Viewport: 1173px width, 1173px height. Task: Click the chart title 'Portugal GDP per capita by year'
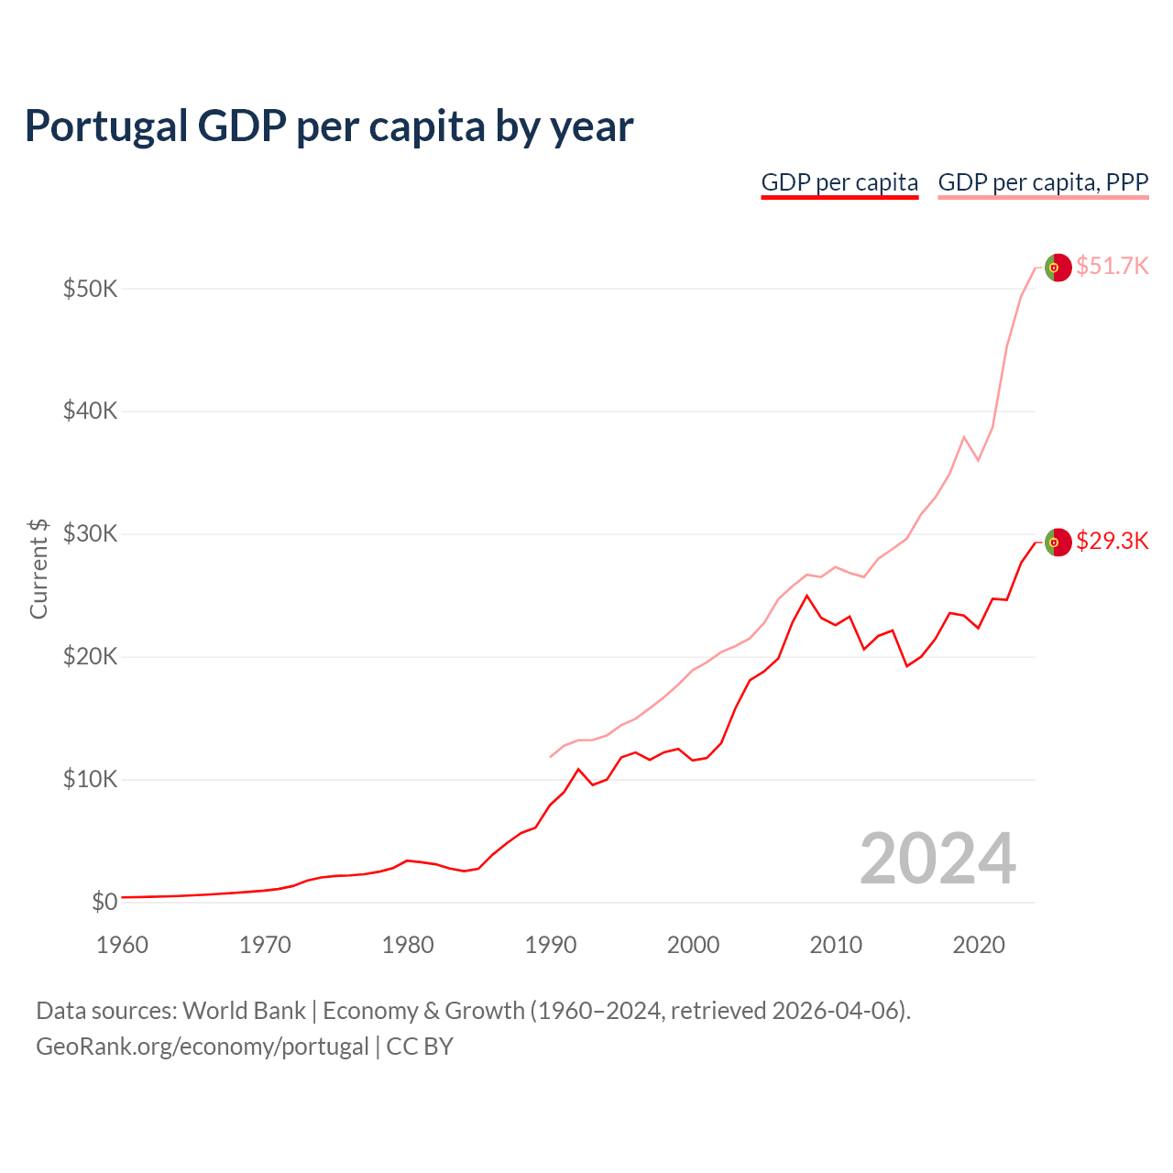click(329, 126)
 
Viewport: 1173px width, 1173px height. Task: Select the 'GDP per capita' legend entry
click(839, 182)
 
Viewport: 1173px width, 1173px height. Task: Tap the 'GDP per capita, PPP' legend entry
click(1043, 182)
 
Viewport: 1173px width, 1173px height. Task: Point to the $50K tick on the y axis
click(91, 290)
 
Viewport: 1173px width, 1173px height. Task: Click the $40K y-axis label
click(91, 411)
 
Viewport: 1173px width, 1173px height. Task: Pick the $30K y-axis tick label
click(91, 534)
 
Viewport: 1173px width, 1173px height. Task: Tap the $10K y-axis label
click(91, 780)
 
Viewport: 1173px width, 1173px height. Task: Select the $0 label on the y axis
click(104, 903)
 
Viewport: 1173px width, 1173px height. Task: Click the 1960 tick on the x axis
click(122, 945)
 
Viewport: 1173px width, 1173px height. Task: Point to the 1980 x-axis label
click(408, 945)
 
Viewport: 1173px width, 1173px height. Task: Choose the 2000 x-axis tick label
click(694, 945)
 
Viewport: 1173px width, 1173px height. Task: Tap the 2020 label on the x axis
click(979, 945)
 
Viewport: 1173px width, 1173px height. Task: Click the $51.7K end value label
click(1112, 267)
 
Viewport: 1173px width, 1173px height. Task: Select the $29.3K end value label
click(1112, 542)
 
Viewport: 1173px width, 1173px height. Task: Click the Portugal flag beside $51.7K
click(1058, 267)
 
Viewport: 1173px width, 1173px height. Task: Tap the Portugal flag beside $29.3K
click(1058, 542)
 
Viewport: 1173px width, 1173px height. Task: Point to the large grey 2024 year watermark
click(937, 859)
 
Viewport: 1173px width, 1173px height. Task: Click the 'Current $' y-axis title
click(38, 569)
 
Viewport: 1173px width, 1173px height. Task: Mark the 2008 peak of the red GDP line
click(806, 596)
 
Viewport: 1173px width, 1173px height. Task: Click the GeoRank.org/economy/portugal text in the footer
click(203, 1047)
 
